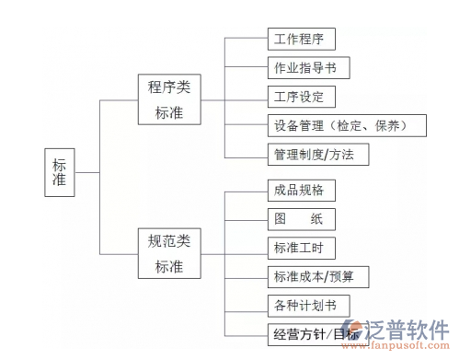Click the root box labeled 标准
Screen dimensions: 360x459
[x=59, y=172]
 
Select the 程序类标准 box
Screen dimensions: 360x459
[x=168, y=100]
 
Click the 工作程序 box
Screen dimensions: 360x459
[x=300, y=39]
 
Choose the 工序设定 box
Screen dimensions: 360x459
[x=300, y=96]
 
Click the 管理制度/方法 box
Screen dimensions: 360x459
[x=316, y=153]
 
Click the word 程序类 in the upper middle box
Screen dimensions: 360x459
[x=168, y=88]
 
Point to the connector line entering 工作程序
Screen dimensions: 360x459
[x=246, y=39]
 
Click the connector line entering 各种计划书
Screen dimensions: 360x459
[x=246, y=304]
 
